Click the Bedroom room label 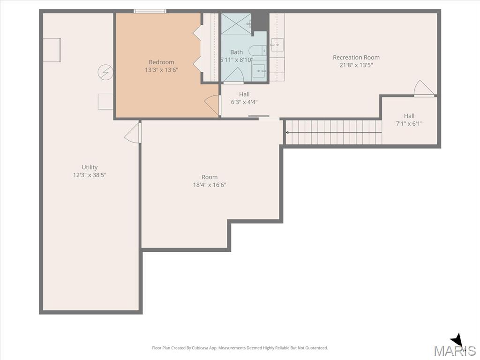click(x=161, y=62)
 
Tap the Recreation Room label click(x=356, y=57)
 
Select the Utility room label click(x=90, y=167)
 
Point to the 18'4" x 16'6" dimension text click(x=210, y=185)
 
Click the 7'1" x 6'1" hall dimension click(x=409, y=124)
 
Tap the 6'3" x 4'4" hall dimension click(x=244, y=102)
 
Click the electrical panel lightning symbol click(x=105, y=72)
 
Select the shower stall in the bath click(x=236, y=23)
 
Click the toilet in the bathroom click(x=257, y=50)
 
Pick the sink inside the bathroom click(x=259, y=71)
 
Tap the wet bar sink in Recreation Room click(x=277, y=45)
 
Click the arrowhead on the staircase click(x=287, y=132)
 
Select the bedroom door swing click(x=212, y=105)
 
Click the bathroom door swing click(x=233, y=75)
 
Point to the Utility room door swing click(x=133, y=132)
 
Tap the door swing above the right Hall click(x=424, y=88)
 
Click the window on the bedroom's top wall click(x=150, y=11)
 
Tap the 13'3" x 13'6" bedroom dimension click(x=161, y=70)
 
